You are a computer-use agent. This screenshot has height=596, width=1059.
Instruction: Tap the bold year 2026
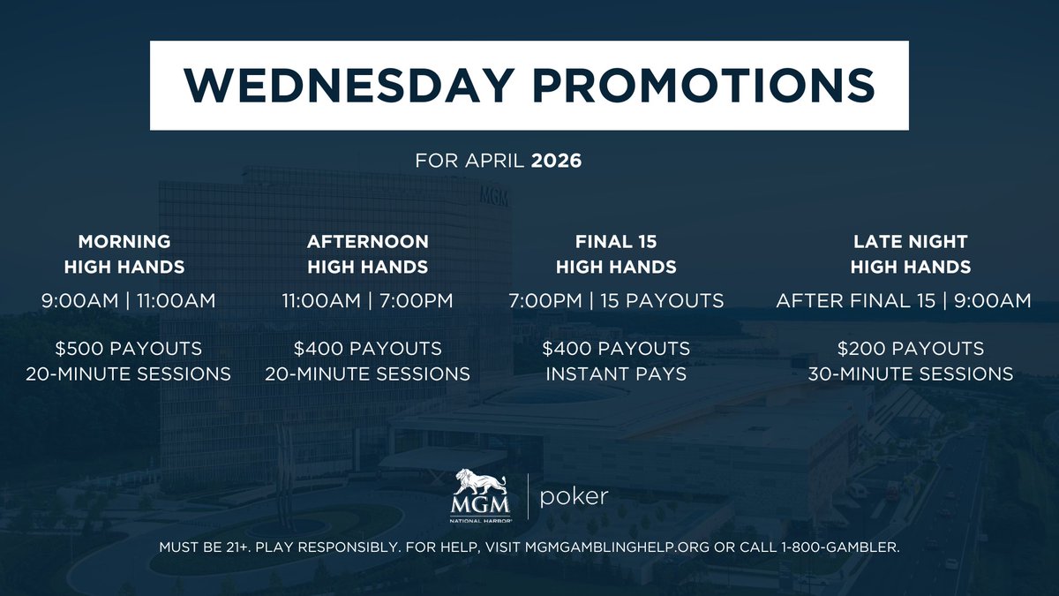[556, 163]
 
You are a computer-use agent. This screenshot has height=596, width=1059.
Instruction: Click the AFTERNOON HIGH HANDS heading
[367, 253]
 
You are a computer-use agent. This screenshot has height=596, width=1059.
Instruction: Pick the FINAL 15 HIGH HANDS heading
[616, 253]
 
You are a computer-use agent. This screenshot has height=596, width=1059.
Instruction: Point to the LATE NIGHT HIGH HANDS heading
[910, 253]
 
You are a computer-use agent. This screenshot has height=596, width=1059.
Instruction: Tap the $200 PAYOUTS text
[910, 348]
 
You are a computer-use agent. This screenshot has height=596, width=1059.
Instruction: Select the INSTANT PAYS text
[616, 373]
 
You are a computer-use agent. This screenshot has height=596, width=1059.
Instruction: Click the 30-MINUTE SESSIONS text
[910, 373]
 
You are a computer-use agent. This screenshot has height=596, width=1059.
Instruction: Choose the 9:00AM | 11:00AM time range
[128, 301]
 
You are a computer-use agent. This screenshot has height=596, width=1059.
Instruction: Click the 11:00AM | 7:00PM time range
[367, 301]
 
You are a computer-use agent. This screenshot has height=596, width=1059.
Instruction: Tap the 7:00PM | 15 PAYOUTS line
[616, 301]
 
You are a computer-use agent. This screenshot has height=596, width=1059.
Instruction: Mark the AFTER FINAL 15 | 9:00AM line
[903, 301]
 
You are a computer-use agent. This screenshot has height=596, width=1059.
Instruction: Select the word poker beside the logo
[574, 497]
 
